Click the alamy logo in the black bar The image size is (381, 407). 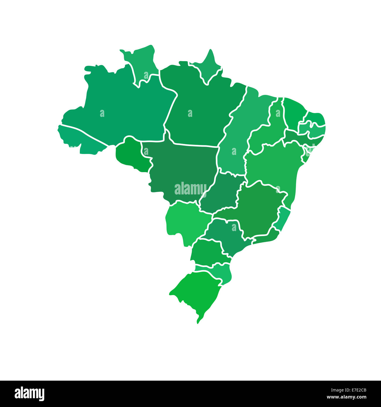click(30, 394)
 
